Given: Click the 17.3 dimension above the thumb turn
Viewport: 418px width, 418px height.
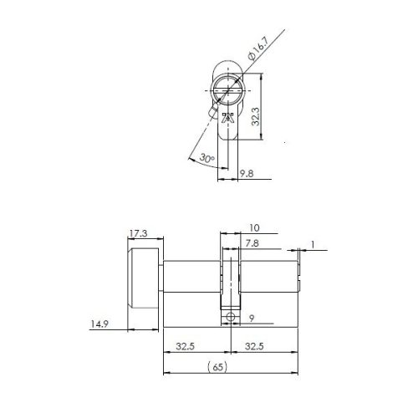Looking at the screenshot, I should point(139,232).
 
